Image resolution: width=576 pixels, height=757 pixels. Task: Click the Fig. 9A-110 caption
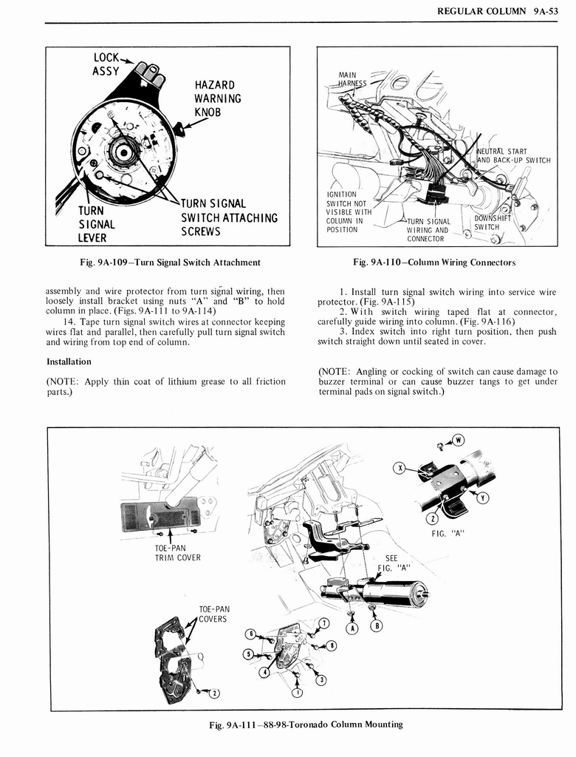tap(434, 262)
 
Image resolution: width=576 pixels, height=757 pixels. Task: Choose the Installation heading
tap(69, 361)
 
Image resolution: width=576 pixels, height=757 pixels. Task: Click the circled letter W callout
tap(457, 441)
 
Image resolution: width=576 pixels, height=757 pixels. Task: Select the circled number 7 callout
tap(324, 625)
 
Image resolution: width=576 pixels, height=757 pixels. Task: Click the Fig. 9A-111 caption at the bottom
tap(306, 724)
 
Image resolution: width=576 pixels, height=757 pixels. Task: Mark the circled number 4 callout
tap(264, 672)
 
